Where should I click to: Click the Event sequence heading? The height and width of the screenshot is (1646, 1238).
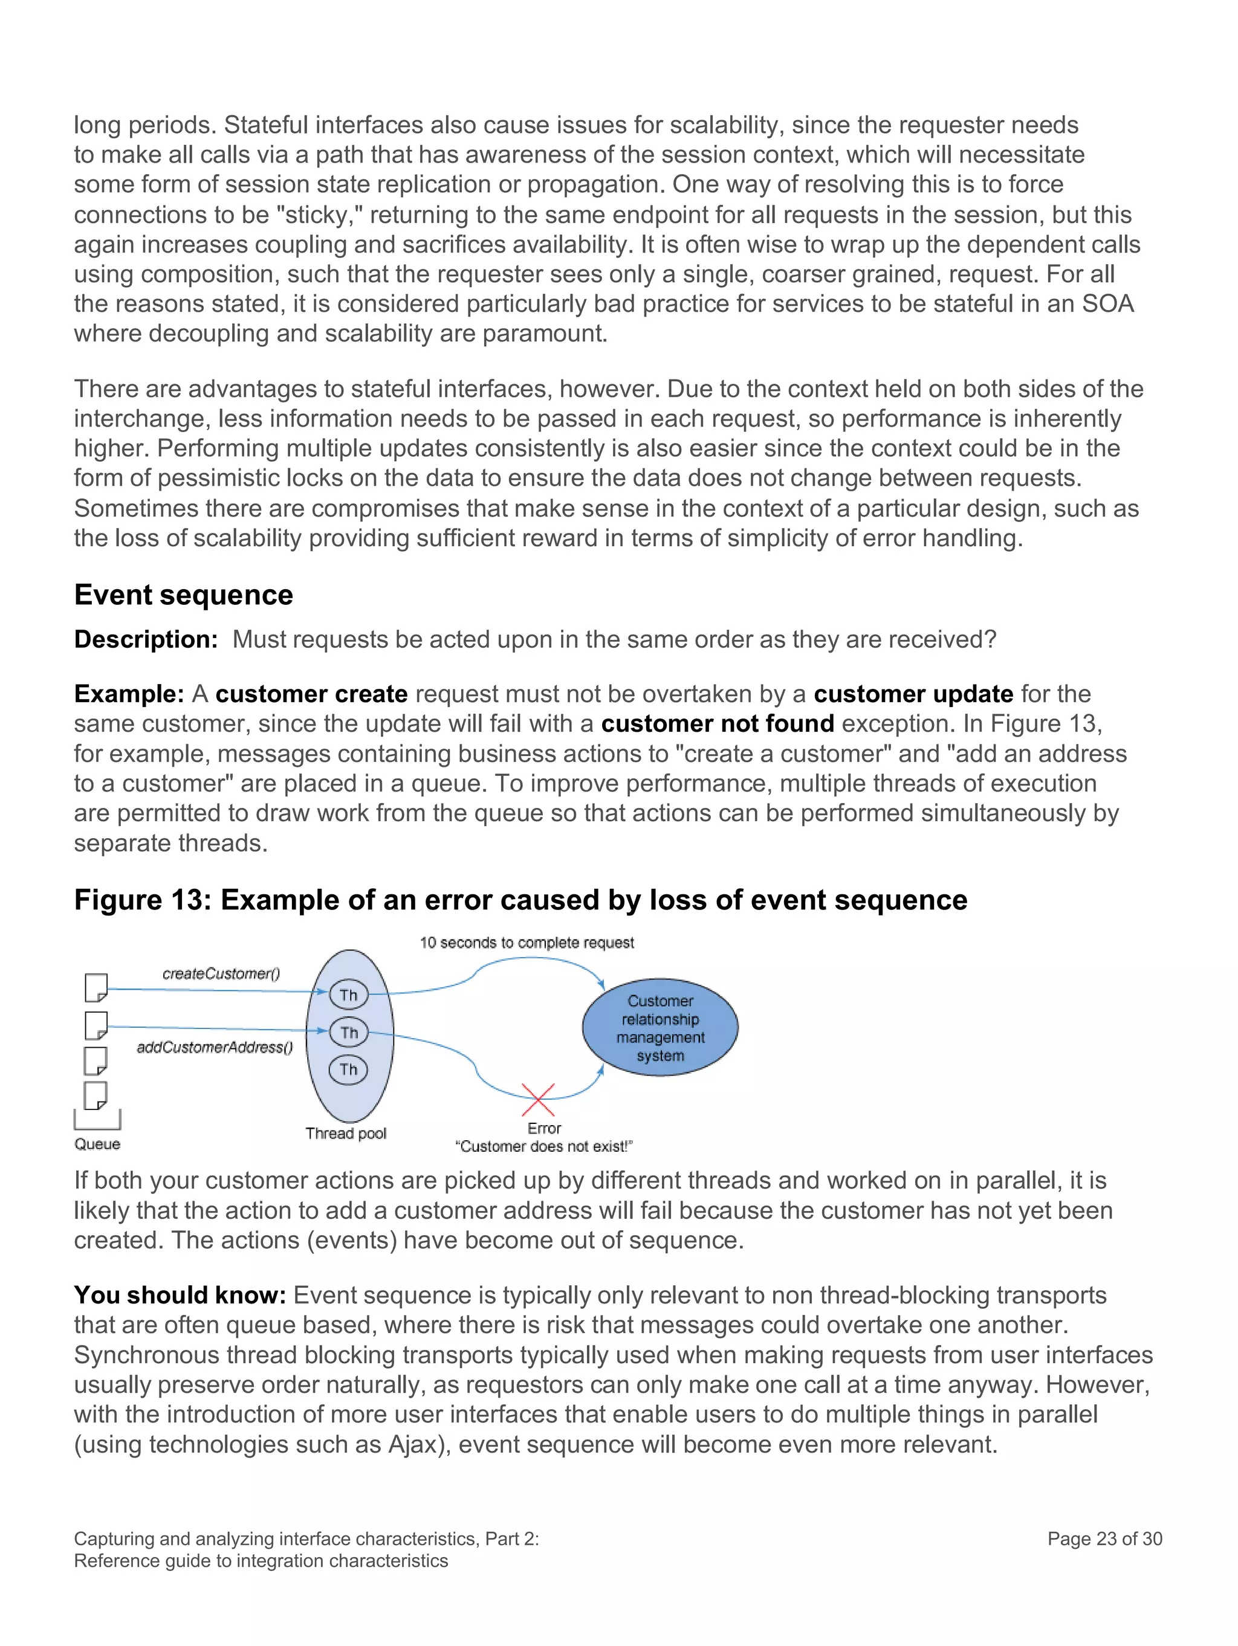(183, 595)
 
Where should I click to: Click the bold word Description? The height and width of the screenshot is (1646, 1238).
(146, 639)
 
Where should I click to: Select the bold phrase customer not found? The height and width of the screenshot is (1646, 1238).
(717, 723)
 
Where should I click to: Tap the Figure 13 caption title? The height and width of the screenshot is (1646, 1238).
(520, 900)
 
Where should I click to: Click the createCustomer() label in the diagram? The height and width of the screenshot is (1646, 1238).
(221, 973)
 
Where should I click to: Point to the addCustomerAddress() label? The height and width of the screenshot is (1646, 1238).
(215, 1047)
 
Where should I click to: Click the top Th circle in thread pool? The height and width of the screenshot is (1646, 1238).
(348, 995)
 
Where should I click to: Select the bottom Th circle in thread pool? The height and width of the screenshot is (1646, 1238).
(348, 1070)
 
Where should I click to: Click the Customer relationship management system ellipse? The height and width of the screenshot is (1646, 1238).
(660, 1028)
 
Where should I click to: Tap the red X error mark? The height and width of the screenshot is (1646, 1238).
(538, 1100)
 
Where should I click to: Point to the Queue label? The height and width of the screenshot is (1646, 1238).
(97, 1144)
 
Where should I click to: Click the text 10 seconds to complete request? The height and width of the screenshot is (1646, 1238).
(527, 943)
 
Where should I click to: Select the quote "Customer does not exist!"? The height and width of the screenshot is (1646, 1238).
(543, 1147)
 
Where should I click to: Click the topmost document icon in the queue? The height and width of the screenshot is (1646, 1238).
(96, 987)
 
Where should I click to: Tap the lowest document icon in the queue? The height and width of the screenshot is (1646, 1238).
(96, 1096)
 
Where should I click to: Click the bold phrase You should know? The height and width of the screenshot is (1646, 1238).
(180, 1295)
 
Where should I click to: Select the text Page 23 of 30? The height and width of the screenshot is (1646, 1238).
(1104, 1539)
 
